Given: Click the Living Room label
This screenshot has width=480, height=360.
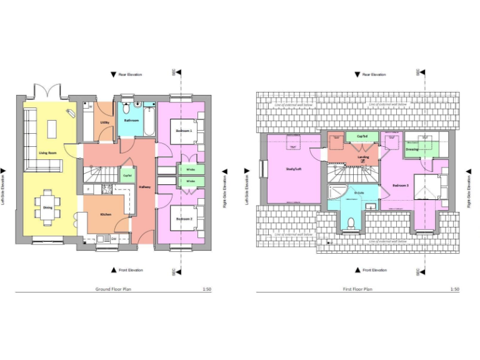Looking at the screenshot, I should click(47, 152).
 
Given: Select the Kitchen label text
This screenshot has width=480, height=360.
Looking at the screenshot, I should click(106, 214).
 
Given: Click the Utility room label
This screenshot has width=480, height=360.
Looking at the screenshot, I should click(105, 122).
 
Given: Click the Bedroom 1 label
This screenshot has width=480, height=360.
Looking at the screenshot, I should click(183, 130).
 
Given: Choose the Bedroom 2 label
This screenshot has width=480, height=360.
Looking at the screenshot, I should click(183, 219).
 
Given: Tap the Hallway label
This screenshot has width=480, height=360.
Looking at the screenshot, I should click(144, 187).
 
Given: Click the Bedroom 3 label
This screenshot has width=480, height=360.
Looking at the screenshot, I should click(401, 186).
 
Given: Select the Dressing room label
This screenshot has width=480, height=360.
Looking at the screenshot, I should click(412, 149).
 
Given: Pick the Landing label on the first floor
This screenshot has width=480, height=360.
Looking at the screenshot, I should click(363, 157).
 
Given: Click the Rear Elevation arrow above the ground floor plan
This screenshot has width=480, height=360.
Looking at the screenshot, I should click(113, 74).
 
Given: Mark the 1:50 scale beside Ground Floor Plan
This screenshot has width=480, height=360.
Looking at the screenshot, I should click(207, 289).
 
